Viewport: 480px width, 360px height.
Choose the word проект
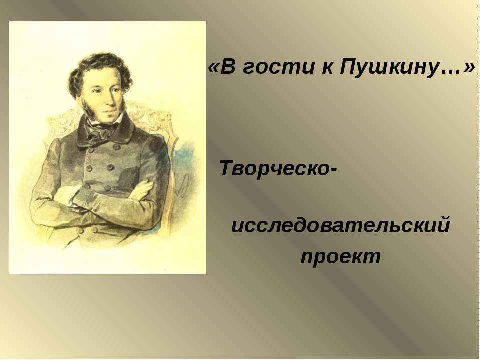(341, 256)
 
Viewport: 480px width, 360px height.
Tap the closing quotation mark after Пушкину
(469, 67)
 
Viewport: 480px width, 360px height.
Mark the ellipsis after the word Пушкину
(453, 72)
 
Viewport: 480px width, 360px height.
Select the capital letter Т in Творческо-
(226, 169)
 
